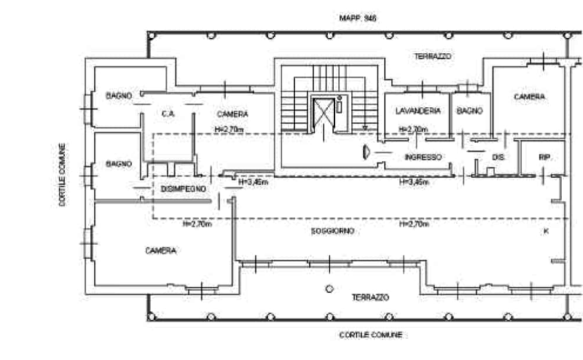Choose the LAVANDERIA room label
tap(416, 111)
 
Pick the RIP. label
tap(544, 156)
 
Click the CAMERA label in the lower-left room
tap(162, 250)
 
